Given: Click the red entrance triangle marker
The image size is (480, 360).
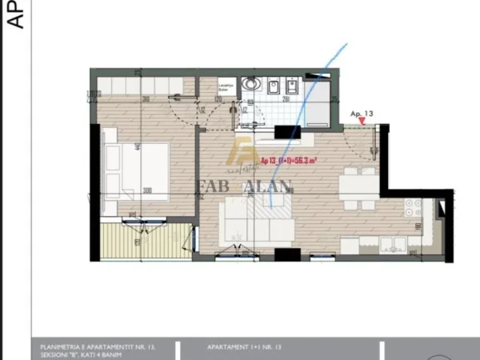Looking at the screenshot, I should tap(362, 122).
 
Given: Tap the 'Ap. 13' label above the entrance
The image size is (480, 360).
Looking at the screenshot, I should tap(362, 114).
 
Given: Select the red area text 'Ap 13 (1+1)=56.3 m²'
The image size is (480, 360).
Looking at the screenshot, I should tap(288, 160).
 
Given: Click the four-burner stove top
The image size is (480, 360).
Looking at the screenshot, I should tap(412, 209).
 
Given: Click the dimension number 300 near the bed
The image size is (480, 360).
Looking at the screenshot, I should tap(147, 191).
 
